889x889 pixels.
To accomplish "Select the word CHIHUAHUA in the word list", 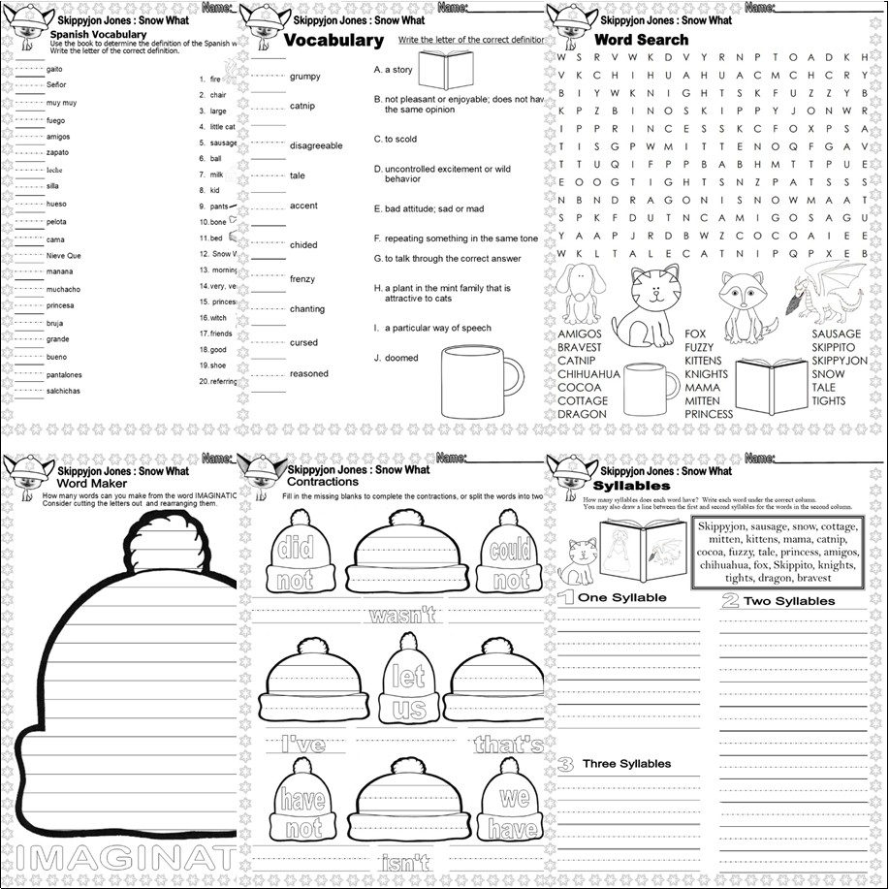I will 588,374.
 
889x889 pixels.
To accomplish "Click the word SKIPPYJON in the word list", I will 840,361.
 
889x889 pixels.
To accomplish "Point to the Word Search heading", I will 641,40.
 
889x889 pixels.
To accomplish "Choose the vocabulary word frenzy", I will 302,279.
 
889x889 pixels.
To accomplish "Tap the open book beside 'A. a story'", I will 446,69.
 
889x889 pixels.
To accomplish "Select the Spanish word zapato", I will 58,153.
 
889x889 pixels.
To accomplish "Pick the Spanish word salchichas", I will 64,391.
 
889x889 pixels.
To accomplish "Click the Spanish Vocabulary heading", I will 98,34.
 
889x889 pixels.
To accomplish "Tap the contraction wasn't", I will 400,615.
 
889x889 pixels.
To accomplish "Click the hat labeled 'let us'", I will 408,680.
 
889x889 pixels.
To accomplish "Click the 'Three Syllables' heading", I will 626,764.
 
